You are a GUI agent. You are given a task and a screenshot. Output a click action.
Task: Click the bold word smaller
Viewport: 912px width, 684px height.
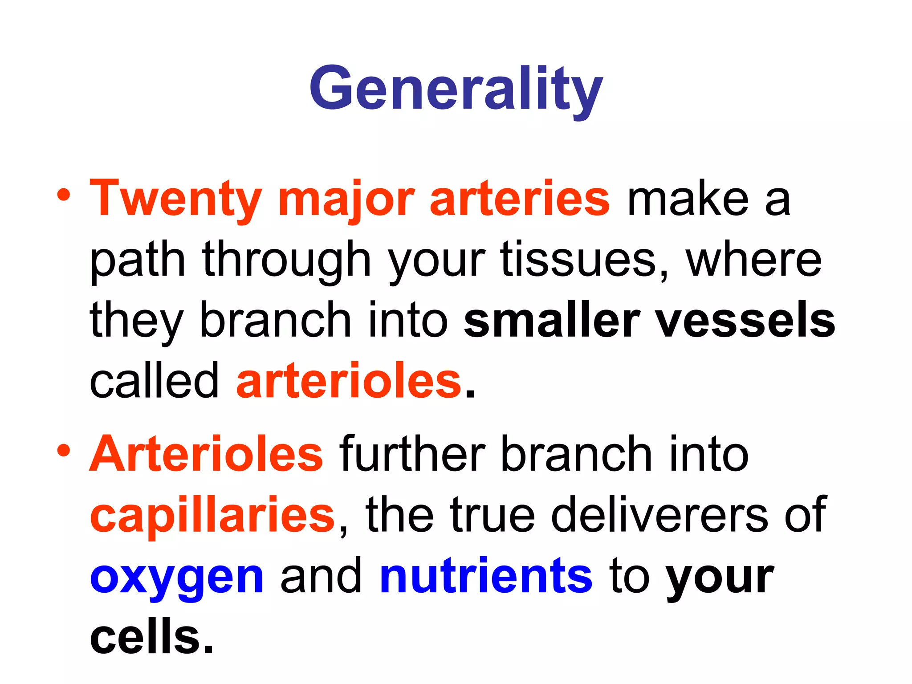pyautogui.click(x=552, y=320)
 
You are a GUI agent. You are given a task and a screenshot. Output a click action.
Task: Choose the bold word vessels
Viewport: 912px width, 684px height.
pyautogui.click(x=745, y=320)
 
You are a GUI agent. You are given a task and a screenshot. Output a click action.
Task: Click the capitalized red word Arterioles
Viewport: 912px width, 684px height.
pyautogui.click(x=206, y=454)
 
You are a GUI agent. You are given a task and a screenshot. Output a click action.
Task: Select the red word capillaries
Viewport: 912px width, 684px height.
pyautogui.click(x=212, y=515)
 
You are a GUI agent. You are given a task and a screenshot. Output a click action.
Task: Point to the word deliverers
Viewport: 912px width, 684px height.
pyautogui.click(x=660, y=515)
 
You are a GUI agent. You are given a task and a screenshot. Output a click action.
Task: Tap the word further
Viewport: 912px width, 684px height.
pyautogui.click(x=412, y=454)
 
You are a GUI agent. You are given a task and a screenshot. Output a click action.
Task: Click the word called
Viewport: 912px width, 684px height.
pyautogui.click(x=154, y=381)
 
